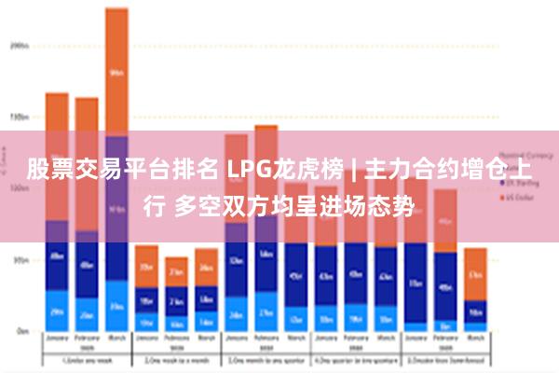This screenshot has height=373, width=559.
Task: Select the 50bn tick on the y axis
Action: point(20,260)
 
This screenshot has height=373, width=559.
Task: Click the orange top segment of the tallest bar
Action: point(116,71)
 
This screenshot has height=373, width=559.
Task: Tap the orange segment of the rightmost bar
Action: point(475,274)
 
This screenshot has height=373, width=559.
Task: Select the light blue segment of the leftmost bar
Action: point(57,311)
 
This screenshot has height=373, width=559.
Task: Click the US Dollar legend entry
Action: point(518,199)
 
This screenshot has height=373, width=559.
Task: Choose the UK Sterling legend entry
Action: point(518,187)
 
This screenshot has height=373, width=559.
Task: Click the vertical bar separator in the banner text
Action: point(352,170)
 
